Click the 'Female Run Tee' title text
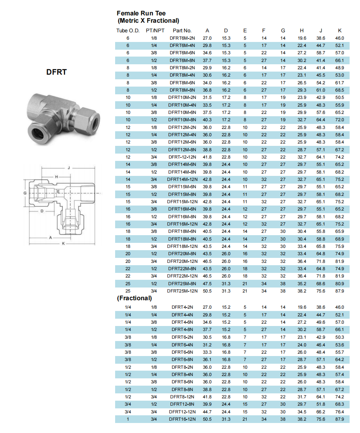point(141,13)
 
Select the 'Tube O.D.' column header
point(128,31)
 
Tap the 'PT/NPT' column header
point(155,31)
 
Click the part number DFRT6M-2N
point(182,38)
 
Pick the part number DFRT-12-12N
point(182,157)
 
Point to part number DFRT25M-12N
point(182,291)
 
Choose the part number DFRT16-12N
point(182,419)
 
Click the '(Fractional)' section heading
point(134,298)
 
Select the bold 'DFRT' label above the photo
point(57,72)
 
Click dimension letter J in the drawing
point(69,168)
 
